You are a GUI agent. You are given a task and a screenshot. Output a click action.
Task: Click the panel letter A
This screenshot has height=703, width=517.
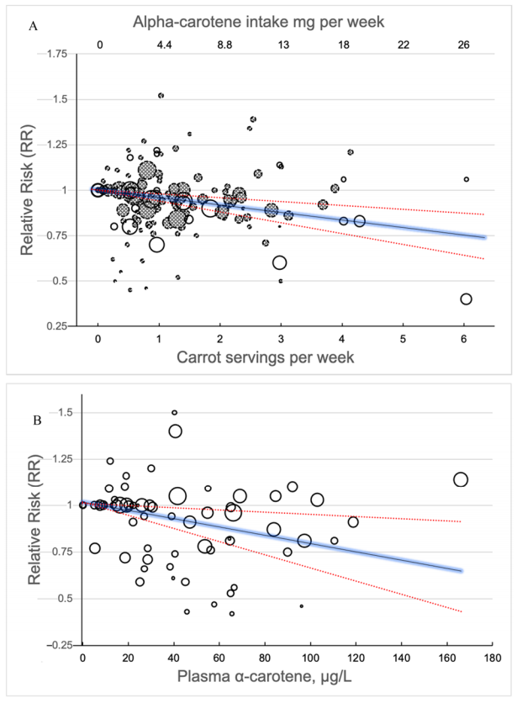tap(33, 27)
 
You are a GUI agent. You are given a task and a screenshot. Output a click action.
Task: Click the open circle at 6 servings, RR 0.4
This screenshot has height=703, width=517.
tap(467, 299)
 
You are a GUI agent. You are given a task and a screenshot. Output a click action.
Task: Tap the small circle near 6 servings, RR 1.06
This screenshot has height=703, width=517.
tap(467, 179)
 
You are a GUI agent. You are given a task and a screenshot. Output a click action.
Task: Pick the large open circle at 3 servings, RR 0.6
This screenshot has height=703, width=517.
tap(280, 262)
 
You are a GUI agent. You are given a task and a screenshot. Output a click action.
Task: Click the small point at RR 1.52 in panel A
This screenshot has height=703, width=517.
tap(161, 96)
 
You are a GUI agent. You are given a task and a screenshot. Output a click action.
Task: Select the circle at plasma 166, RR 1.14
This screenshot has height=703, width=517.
tap(460, 479)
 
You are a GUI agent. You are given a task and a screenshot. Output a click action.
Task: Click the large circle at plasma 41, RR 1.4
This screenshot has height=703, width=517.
tap(176, 431)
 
